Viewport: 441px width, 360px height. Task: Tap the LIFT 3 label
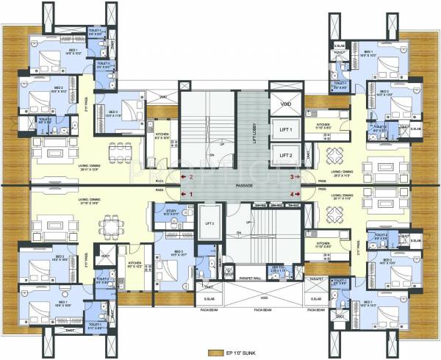[x=209, y=222]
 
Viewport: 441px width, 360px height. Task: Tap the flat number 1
[x=192, y=194]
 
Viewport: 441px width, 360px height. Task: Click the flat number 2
[x=192, y=177]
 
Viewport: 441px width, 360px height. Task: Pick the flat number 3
[x=291, y=177]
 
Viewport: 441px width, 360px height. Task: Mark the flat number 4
[x=291, y=194]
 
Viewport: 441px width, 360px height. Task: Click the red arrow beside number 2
[x=182, y=177]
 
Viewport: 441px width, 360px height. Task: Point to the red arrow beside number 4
[x=301, y=194]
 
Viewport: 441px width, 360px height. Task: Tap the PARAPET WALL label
[x=252, y=279]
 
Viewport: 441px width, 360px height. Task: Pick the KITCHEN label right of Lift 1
[x=323, y=126]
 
